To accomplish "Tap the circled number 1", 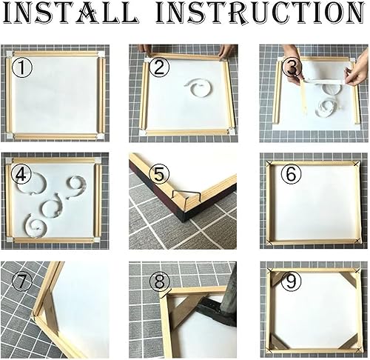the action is coord(22,67).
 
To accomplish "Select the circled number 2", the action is coord(159,67).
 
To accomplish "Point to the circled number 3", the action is coord(292,67).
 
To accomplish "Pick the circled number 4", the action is coord(21,174).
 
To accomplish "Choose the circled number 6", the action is coord(292,174).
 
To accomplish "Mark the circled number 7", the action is coord(22,281).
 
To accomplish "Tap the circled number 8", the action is coord(160,281).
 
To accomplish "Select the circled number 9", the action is coord(292,281).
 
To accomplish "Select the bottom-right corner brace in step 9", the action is coord(349,341).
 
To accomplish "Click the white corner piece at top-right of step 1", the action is coord(101,54).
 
